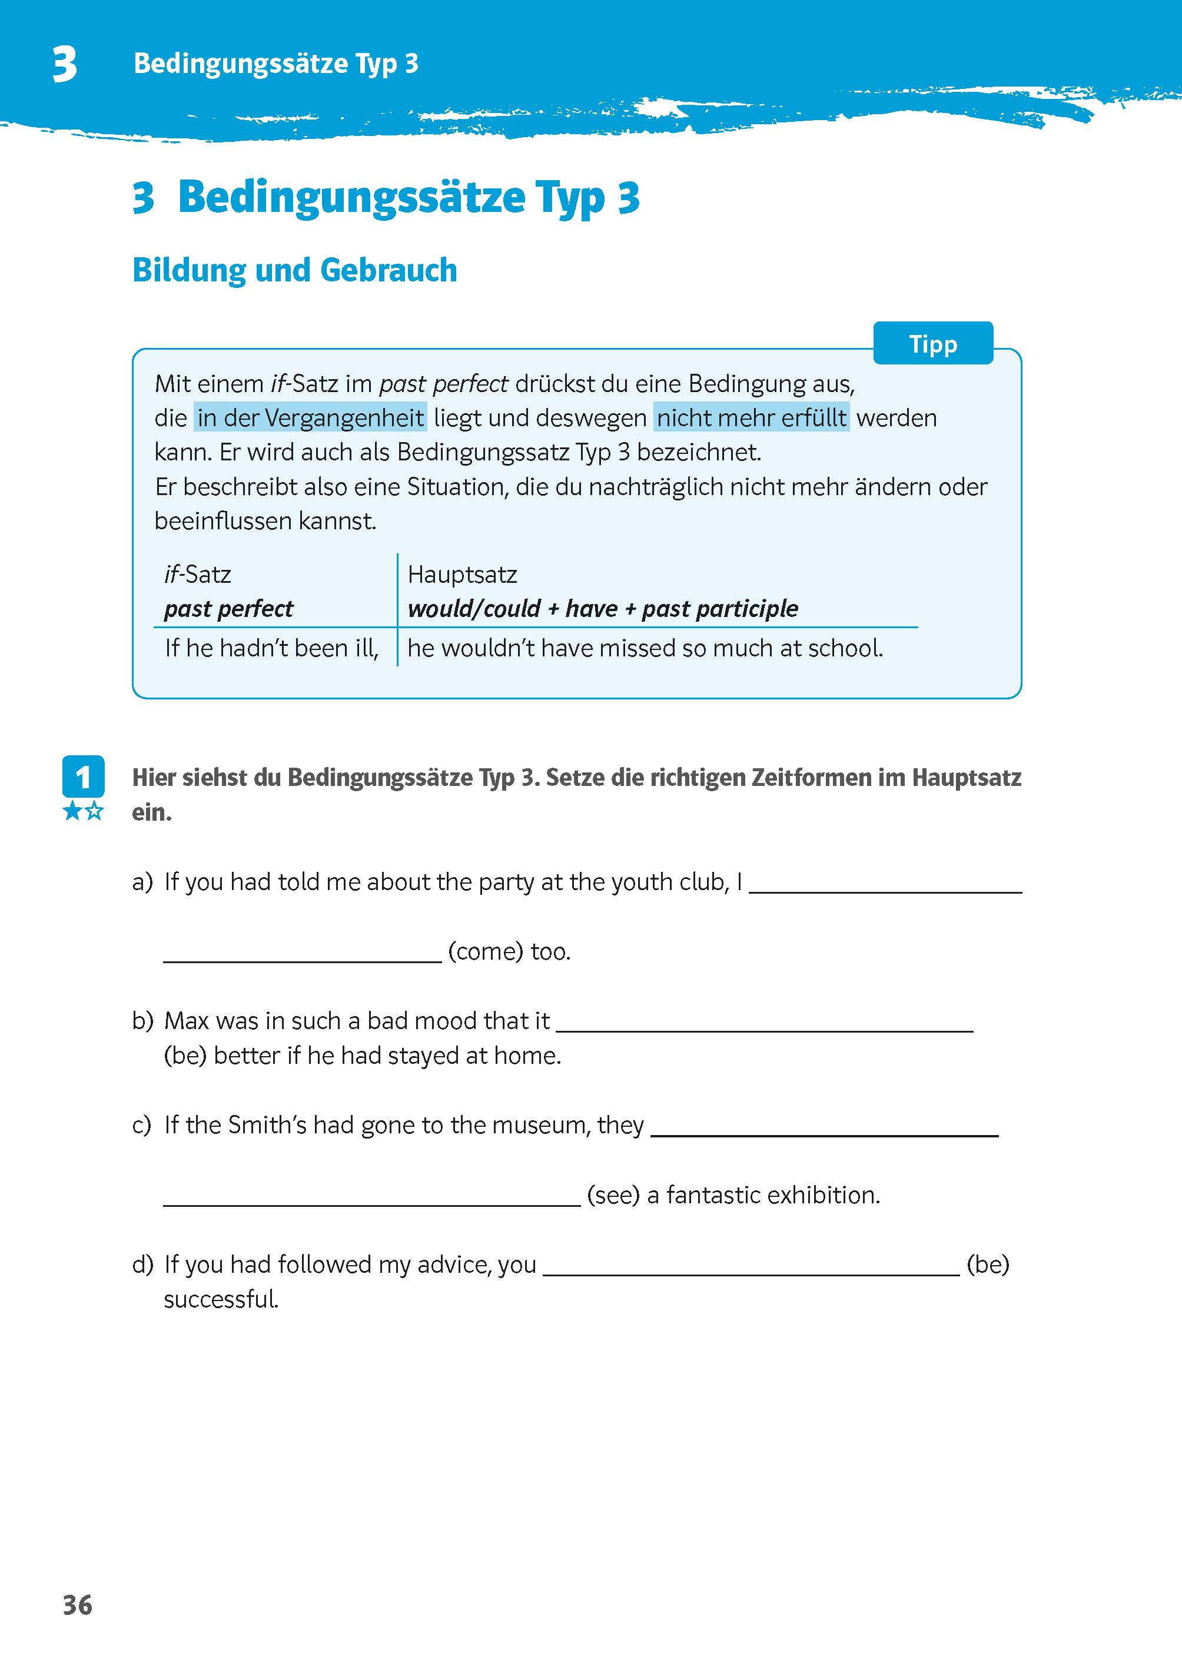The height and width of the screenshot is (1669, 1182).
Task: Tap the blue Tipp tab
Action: [932, 344]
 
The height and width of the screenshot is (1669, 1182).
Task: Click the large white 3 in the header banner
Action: [65, 64]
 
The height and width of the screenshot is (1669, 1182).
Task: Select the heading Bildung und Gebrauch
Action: [295, 270]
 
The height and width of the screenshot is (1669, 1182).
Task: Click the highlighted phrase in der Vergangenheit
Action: [310, 418]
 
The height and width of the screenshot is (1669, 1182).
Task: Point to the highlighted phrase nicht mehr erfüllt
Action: [751, 418]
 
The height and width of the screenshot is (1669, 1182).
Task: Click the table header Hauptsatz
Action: [462, 574]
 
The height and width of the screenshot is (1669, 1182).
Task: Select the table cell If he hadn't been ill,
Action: [271, 647]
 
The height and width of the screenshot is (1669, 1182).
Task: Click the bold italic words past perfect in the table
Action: [228, 609]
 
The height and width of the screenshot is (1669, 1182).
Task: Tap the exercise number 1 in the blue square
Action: [83, 777]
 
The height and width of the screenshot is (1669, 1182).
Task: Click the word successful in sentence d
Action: [221, 1299]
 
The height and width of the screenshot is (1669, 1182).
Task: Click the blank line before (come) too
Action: [302, 954]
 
